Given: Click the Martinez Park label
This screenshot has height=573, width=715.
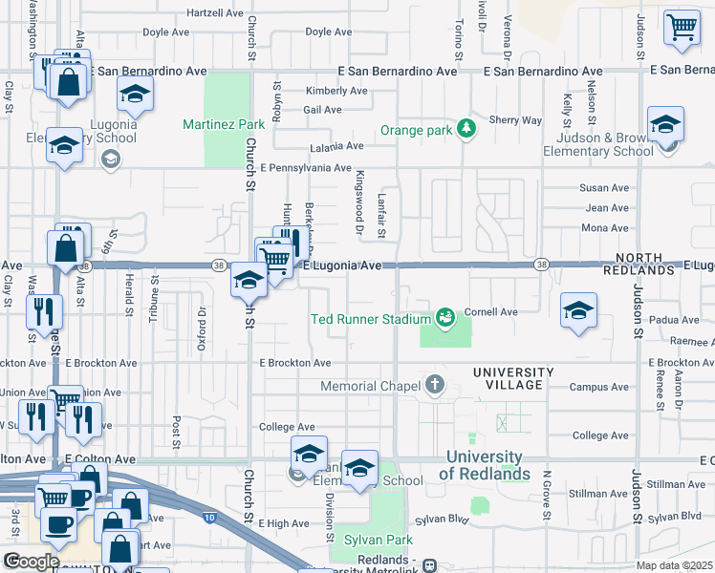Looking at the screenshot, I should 224,124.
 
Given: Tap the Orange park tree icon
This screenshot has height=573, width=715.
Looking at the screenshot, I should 466,128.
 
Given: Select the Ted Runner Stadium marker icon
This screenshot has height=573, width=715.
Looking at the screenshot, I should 444,316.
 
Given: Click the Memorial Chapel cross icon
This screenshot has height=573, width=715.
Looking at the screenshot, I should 435,385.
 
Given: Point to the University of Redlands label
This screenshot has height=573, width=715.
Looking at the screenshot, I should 487,465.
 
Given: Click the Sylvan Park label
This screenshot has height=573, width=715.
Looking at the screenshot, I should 379,540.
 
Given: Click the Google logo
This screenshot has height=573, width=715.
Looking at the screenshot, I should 32,561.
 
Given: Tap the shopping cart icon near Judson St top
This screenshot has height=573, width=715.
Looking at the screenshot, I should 682,29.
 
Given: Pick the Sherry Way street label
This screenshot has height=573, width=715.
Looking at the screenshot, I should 515,120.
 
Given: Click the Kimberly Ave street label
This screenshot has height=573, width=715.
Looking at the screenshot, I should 336,91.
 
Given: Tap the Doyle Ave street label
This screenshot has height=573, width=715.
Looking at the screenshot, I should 168,32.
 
